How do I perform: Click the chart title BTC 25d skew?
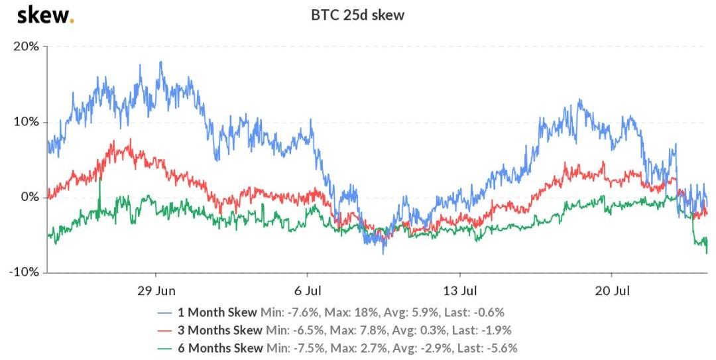[x=358, y=15]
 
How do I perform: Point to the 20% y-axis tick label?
[x=25, y=46]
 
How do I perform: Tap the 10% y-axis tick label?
[x=25, y=122]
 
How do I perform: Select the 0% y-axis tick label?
[x=29, y=198]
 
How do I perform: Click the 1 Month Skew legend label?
[x=217, y=312]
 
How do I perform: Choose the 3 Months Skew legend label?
[x=219, y=330]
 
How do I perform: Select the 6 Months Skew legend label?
[x=219, y=347]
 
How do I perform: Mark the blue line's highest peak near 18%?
[x=160, y=62]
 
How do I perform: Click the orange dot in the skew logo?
[x=72, y=21]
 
